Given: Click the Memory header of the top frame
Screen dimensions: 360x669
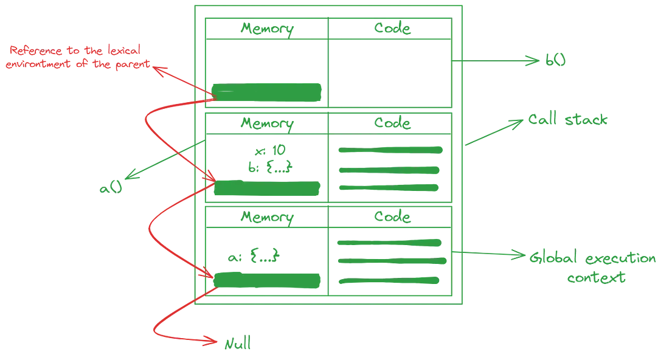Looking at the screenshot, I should click(x=268, y=29).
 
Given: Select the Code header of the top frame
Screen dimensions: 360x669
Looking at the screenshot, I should click(x=392, y=29).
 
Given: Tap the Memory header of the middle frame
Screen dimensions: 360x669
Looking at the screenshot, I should click(x=268, y=124).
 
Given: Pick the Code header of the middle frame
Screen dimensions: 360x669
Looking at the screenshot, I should click(x=392, y=124).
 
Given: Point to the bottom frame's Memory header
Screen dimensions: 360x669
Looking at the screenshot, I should click(x=268, y=216).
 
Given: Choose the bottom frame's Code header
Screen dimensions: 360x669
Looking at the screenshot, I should click(x=392, y=216).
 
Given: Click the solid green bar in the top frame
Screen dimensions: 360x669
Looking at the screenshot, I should click(x=268, y=92).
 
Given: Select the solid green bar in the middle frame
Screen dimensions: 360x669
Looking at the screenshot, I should click(x=268, y=189).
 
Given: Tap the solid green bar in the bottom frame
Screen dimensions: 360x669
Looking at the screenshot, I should click(x=268, y=280).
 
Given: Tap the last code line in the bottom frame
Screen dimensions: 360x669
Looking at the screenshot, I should click(x=389, y=281).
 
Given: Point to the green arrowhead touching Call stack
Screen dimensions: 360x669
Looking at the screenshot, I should click(x=515, y=123).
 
